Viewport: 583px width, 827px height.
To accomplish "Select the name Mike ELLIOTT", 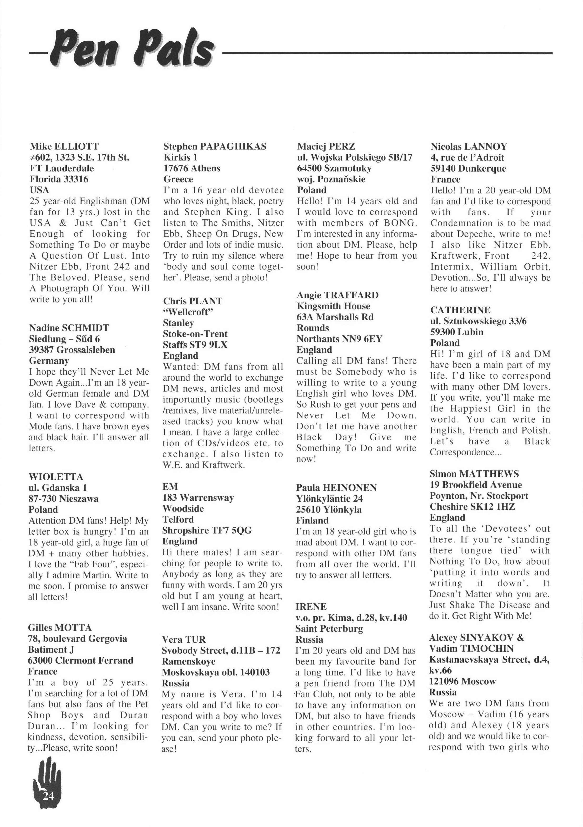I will [64, 146].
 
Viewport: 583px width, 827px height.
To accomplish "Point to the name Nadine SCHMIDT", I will [69, 328].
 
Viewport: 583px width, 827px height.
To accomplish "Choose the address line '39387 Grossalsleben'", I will [72, 350].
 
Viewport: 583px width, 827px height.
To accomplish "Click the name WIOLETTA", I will [56, 477].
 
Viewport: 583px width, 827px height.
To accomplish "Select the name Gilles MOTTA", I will [60, 628].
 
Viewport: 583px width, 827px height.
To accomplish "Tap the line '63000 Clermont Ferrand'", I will [81, 661].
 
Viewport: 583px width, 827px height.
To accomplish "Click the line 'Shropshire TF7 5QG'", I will [207, 531].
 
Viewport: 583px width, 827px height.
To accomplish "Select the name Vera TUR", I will [184, 640].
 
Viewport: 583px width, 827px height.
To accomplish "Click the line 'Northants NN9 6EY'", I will [339, 339].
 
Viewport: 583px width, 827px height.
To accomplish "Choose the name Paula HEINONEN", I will [336, 488].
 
